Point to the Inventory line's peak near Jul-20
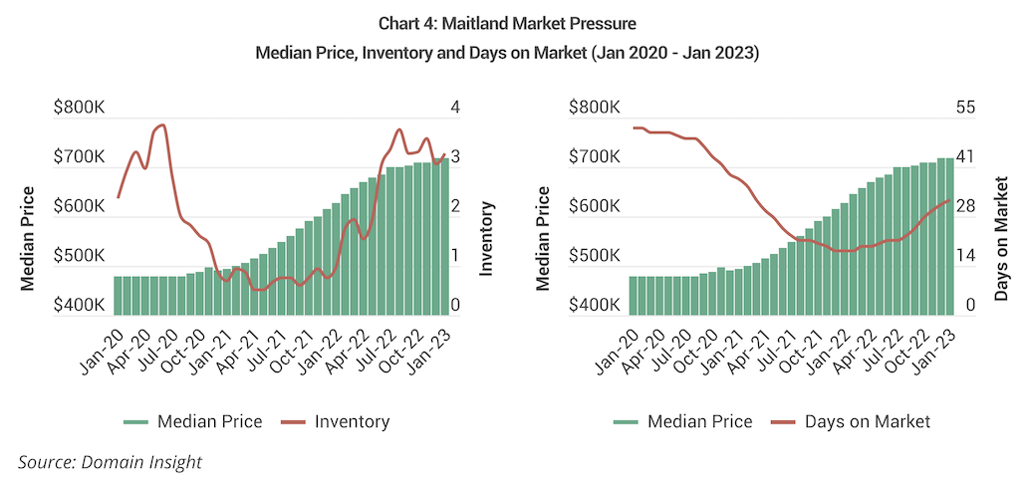[x=161, y=125]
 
